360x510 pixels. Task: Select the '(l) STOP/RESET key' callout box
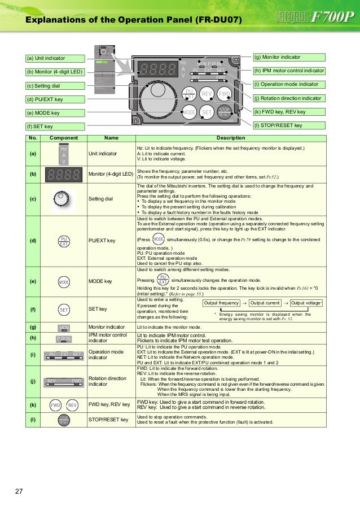coord(289,125)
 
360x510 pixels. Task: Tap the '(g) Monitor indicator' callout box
coord(289,58)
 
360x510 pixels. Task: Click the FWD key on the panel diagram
coord(225,94)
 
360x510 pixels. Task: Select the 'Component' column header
coord(64,138)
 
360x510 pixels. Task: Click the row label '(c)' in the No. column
coord(33,198)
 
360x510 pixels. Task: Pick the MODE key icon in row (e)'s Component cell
coord(64,281)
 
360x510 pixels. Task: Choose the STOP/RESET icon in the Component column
coord(64,419)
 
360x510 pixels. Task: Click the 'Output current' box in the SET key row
coord(265,303)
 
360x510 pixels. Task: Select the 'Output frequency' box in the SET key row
coord(221,303)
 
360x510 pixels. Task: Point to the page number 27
coord(19,490)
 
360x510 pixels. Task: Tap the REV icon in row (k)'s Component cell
coord(72,405)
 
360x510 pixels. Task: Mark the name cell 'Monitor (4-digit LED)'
coord(111,174)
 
